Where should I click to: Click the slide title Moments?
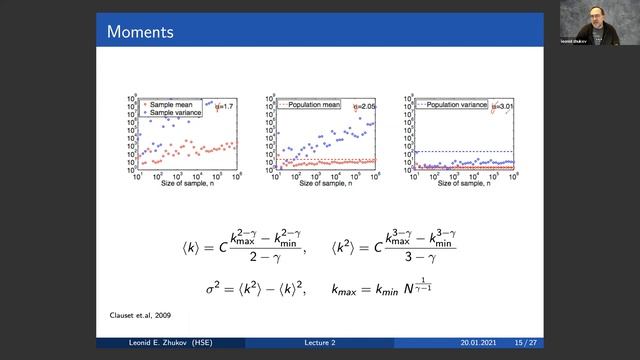(140, 32)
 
